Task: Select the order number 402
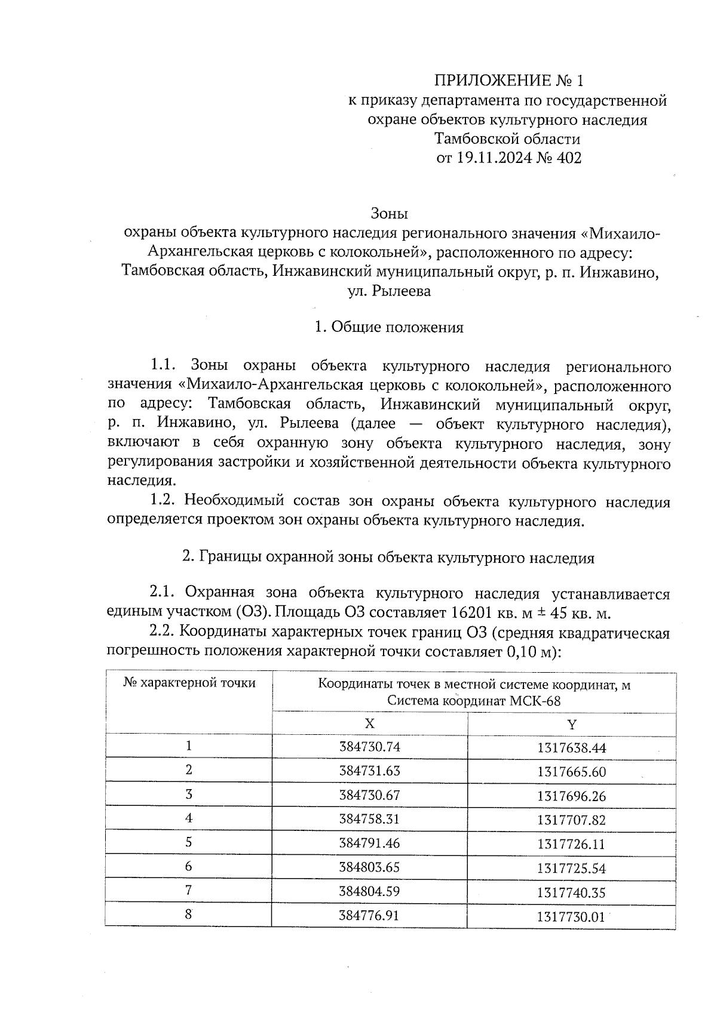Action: tap(569, 158)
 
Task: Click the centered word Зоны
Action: tap(389, 213)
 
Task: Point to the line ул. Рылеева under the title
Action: tap(389, 292)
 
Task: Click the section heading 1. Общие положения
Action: tap(389, 327)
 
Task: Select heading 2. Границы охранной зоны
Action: tap(388, 558)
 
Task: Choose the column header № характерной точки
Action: tap(189, 683)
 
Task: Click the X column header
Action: tap(370, 723)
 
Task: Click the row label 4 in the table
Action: tap(189, 818)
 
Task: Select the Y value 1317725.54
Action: tap(572, 869)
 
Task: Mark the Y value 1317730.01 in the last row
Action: tap(572, 917)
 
